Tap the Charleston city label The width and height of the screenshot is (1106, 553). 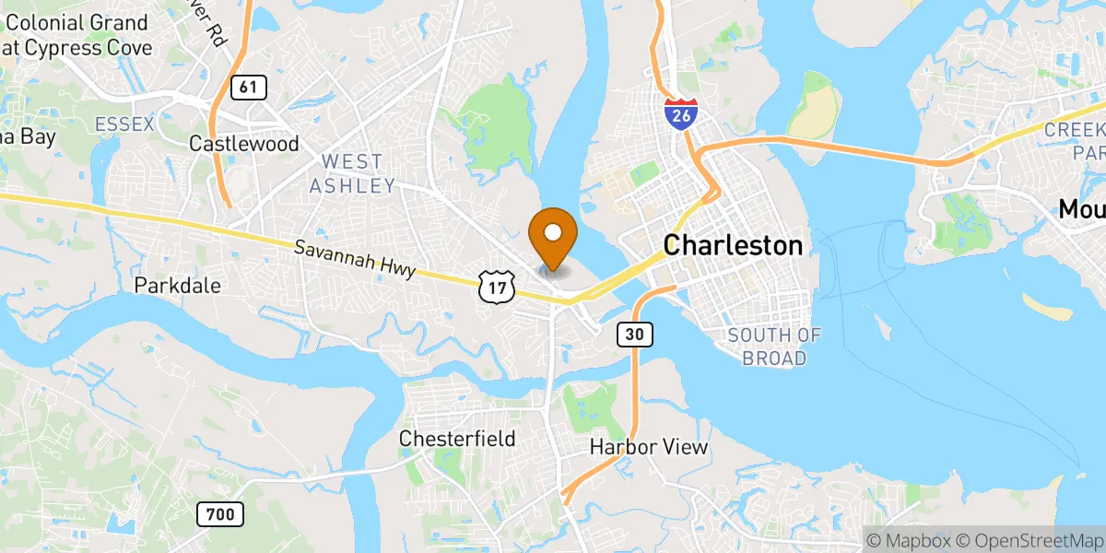coord(733,245)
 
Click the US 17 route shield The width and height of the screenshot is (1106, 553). coord(496,288)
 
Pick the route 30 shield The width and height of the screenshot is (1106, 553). coord(635,335)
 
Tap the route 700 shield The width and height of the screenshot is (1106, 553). coord(220,513)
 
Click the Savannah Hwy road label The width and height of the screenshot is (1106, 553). coord(356,260)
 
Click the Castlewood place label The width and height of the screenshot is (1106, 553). coord(243,144)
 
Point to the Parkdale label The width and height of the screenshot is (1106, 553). coord(178,286)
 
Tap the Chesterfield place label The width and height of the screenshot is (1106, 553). coord(457,439)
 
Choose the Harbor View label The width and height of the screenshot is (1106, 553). coord(649,448)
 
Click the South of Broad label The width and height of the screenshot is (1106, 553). coord(773,347)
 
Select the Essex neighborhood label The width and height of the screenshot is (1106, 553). coord(124,124)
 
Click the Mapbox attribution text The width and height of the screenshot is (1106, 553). coord(906,540)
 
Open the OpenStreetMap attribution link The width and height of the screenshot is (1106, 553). coord(1027,540)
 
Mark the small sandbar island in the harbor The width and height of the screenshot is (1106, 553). coord(1047,308)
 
